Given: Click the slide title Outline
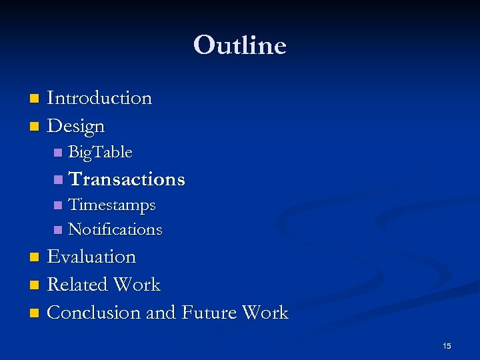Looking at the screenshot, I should click(x=240, y=45).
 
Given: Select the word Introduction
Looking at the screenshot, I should click(x=99, y=98).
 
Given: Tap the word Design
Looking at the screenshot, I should click(x=76, y=126).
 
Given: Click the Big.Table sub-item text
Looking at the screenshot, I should click(x=100, y=153).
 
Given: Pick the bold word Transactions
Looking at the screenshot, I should click(x=127, y=179).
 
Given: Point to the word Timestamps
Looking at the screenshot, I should click(x=112, y=205).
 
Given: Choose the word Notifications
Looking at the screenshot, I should click(x=115, y=229).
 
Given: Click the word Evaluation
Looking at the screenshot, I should click(x=91, y=257).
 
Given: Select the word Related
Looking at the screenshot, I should click(x=77, y=285).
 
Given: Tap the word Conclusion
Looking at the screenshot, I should click(x=94, y=313).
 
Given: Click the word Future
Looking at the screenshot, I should click(x=207, y=313).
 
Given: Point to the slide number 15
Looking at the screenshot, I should click(x=447, y=346).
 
